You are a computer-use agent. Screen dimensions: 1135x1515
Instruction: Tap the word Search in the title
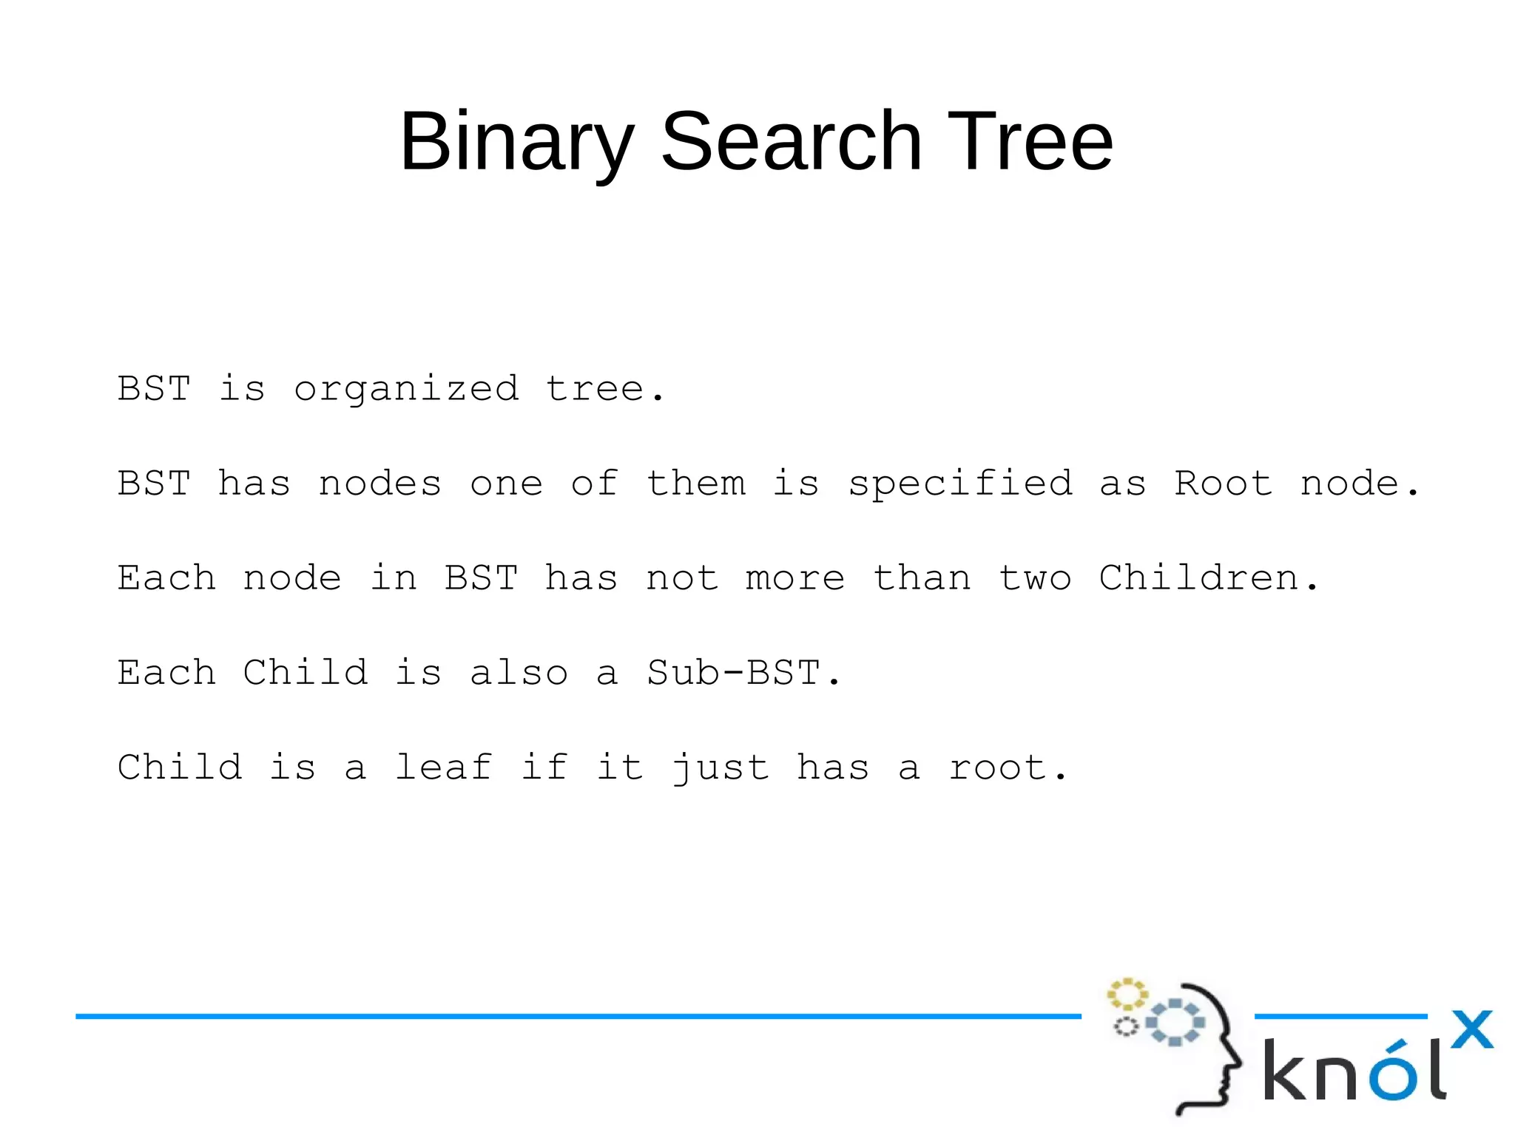tap(791, 140)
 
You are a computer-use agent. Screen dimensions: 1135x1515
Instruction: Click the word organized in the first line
tap(406, 390)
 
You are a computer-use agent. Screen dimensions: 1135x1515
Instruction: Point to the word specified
tap(959, 484)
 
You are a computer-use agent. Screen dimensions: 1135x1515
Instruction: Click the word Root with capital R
tap(1223, 484)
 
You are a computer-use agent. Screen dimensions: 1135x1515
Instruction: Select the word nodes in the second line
tap(379, 484)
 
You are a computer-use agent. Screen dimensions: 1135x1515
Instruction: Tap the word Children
tap(1198, 578)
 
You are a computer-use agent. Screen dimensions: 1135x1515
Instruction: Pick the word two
tap(1034, 578)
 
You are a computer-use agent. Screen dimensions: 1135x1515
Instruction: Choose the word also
tap(519, 673)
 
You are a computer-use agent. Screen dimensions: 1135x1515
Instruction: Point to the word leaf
tap(443, 767)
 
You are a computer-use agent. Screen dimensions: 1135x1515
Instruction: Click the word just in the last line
tap(721, 768)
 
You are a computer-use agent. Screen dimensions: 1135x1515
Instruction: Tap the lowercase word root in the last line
tap(999, 768)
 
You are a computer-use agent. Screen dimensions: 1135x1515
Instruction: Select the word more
tap(794, 578)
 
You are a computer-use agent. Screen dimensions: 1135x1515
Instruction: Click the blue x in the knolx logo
tap(1471, 1029)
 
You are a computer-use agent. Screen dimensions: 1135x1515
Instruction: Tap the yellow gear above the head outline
tap(1127, 995)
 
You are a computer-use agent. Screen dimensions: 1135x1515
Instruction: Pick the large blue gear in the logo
tap(1175, 1023)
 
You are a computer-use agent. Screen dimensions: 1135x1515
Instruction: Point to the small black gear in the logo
tap(1126, 1026)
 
